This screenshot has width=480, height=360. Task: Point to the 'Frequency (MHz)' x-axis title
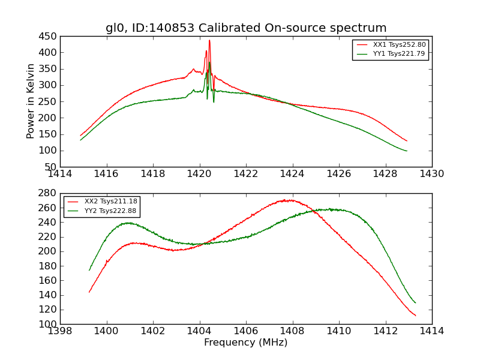(x=246, y=343)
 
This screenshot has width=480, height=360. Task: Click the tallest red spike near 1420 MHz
(x=209, y=41)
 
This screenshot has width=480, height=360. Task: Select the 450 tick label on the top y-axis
(x=47, y=36)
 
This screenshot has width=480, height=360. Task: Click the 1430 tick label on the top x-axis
(x=432, y=174)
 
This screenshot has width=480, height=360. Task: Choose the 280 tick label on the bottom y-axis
(x=47, y=193)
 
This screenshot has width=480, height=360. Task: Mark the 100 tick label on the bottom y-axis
(x=47, y=324)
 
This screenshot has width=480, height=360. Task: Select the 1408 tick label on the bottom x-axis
(x=292, y=331)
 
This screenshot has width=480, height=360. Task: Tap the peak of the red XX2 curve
(x=290, y=200)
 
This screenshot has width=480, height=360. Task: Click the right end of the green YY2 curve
(x=415, y=302)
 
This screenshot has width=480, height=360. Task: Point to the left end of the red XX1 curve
(x=80, y=136)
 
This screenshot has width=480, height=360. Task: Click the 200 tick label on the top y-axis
(x=47, y=118)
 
